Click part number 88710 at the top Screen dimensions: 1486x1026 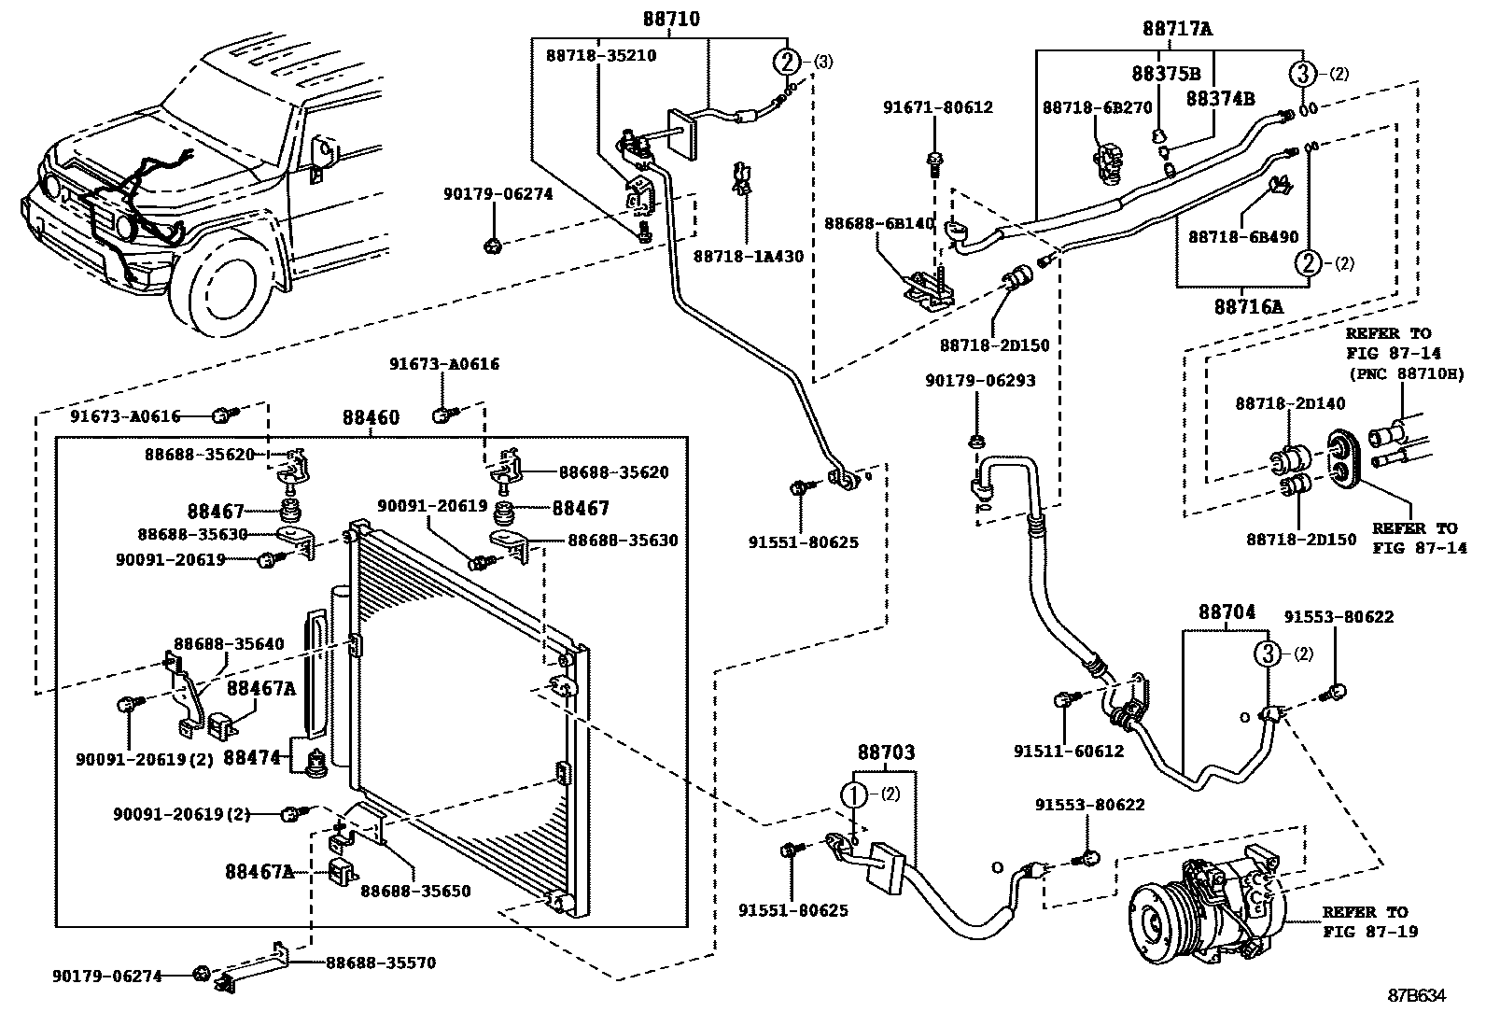pyautogui.click(x=671, y=20)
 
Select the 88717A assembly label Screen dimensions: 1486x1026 pyautogui.click(x=1177, y=29)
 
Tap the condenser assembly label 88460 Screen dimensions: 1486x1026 pyautogui.click(x=371, y=417)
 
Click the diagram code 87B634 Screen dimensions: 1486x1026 pyautogui.click(x=1416, y=995)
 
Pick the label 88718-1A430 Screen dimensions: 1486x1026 pyautogui.click(x=749, y=256)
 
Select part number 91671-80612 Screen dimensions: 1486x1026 pyautogui.click(x=937, y=106)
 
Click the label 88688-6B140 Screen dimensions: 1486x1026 pyautogui.click(x=879, y=223)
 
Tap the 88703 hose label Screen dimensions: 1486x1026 pyautogui.click(x=886, y=752)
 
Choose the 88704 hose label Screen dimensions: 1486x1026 pyautogui.click(x=1227, y=611)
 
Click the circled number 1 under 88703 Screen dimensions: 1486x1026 pyautogui.click(x=854, y=794)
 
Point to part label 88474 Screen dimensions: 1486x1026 pyautogui.click(x=252, y=757)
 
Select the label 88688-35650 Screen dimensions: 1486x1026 pyautogui.click(x=415, y=891)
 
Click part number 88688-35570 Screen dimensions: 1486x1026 pyautogui.click(x=381, y=963)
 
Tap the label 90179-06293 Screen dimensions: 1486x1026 pyautogui.click(x=980, y=381)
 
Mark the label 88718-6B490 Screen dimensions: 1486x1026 pyautogui.click(x=1243, y=236)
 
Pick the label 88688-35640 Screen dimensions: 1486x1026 pyautogui.click(x=229, y=644)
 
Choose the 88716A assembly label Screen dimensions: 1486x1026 pyautogui.click(x=1249, y=306)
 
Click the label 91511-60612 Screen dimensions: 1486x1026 pyautogui.click(x=1069, y=751)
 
